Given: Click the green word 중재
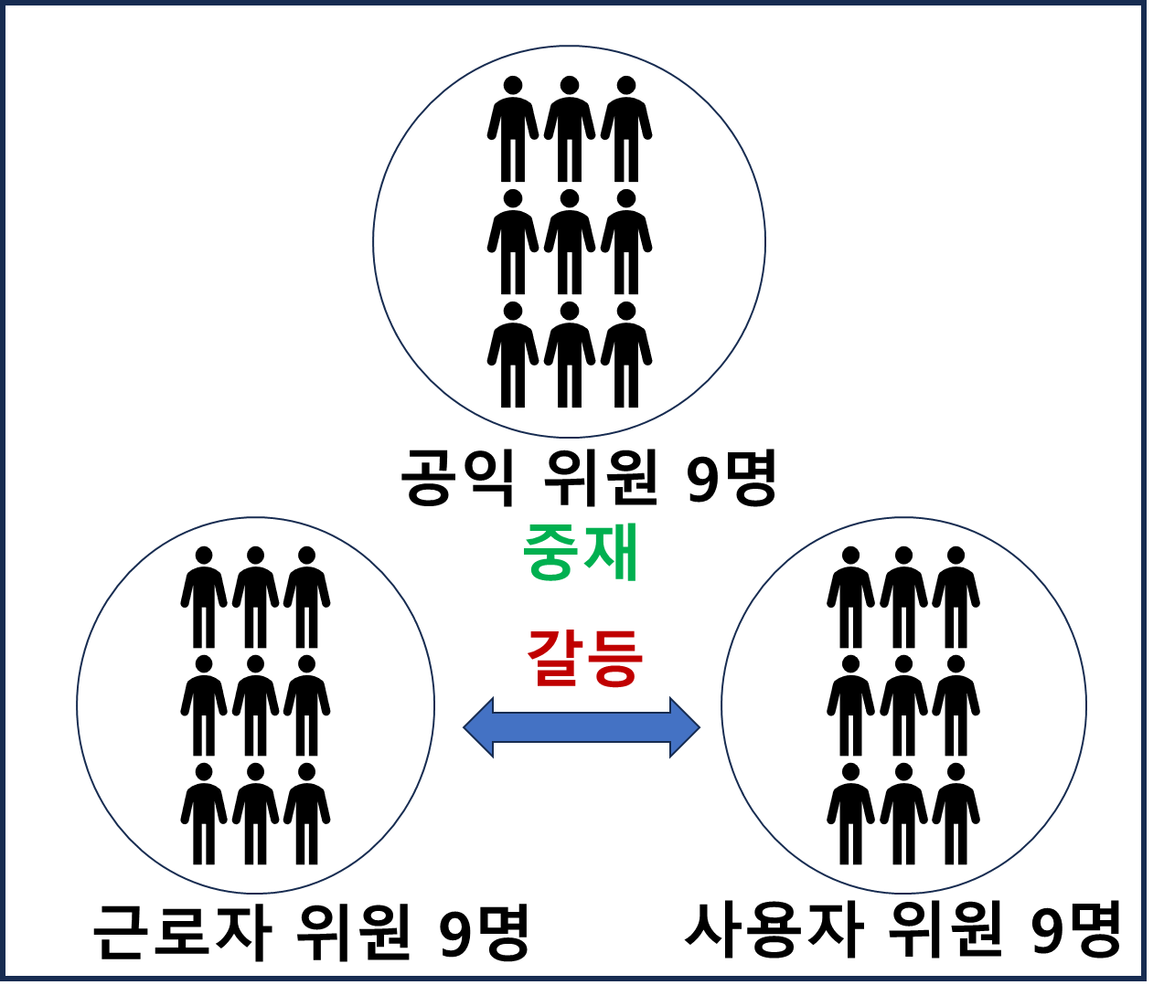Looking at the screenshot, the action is coord(581,552).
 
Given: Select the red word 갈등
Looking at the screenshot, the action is coord(585,658).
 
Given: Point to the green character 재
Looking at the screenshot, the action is coord(611,552).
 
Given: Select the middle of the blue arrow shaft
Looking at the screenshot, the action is coord(582,727).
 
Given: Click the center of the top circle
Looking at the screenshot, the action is coord(569,242).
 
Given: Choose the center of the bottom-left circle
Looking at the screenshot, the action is coord(255,705).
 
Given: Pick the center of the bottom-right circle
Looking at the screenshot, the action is coord(903,705).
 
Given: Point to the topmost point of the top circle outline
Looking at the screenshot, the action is coord(569,47).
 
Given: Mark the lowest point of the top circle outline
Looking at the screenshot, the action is coord(569,437).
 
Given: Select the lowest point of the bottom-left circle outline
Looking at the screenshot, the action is coord(255,893).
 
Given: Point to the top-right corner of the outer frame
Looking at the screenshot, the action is coord(1143,4).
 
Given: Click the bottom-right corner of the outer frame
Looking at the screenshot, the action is coord(1143,978).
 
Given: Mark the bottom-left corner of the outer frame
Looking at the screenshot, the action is coord(4,978).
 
